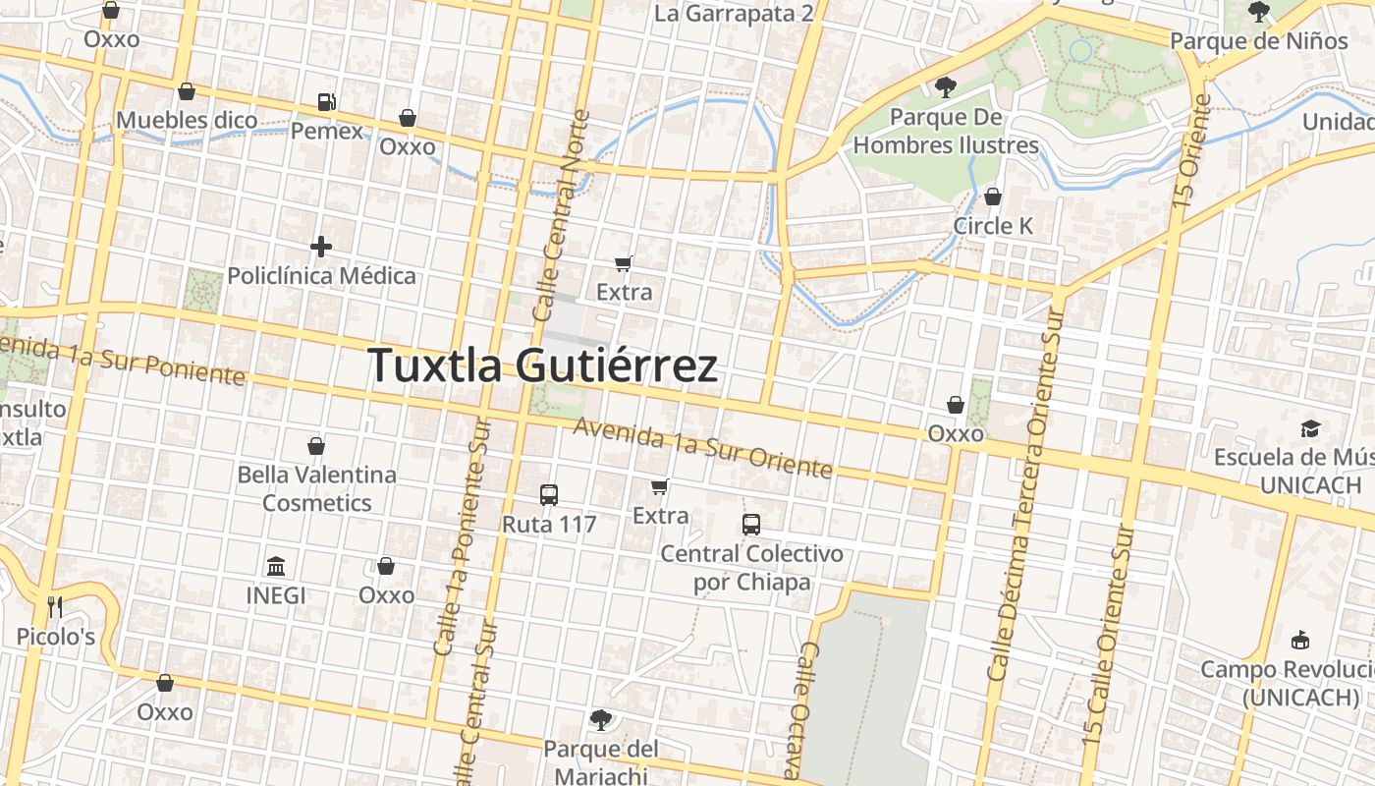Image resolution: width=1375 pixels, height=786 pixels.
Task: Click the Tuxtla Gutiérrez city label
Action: coord(543,365)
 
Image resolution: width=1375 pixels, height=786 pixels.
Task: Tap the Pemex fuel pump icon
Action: coord(326,102)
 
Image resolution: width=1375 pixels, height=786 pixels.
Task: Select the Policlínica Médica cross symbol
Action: coord(321,247)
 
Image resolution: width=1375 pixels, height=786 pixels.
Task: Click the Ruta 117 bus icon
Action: coord(549,495)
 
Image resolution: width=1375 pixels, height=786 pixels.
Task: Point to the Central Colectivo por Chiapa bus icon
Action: coord(751,525)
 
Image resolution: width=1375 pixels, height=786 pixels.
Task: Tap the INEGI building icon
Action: coord(276,567)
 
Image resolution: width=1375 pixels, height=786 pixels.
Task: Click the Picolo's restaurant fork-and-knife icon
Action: coord(55,607)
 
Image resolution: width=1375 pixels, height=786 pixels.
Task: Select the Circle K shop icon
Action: coord(993,196)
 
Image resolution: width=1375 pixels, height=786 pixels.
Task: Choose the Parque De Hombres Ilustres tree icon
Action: coord(945,87)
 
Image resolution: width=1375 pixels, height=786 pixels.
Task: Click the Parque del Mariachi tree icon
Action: coord(600,720)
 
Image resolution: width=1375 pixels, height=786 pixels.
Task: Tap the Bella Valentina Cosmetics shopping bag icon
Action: coord(316,446)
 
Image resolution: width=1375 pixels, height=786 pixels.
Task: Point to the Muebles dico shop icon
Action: coord(187,92)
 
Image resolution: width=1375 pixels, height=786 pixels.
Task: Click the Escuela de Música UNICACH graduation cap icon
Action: coord(1310,428)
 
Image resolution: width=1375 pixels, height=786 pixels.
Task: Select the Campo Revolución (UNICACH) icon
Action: coord(1300,641)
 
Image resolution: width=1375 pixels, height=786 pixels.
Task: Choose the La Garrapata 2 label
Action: coord(734,13)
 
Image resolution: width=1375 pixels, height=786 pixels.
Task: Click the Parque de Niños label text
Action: coord(1259,41)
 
